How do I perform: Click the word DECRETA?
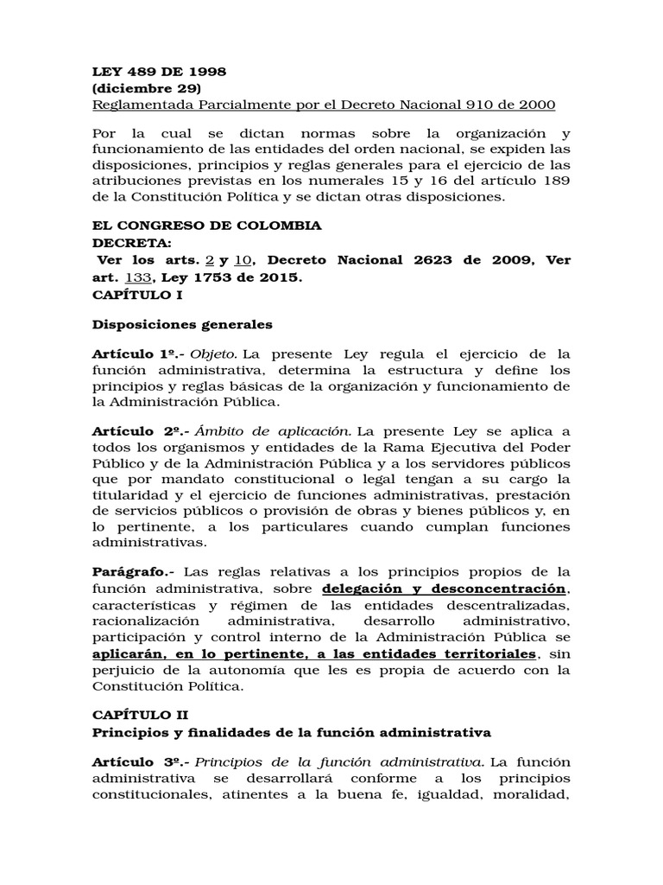[x=131, y=243]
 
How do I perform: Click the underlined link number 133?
[x=139, y=277]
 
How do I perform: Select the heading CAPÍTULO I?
[x=136, y=295]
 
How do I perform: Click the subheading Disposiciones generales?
[x=181, y=325]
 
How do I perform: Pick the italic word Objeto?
[x=213, y=355]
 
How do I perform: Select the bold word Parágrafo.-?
[x=133, y=572]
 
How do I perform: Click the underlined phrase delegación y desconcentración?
[x=445, y=589]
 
